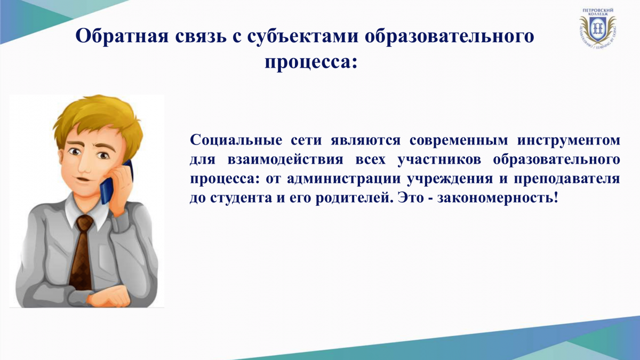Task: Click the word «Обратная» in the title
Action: click(x=122, y=36)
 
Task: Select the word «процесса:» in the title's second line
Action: click(x=311, y=62)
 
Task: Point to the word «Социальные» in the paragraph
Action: click(x=236, y=140)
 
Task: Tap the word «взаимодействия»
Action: click(x=285, y=159)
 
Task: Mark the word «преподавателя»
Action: click(x=567, y=179)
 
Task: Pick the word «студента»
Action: click(x=241, y=198)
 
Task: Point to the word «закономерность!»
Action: click(x=498, y=198)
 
